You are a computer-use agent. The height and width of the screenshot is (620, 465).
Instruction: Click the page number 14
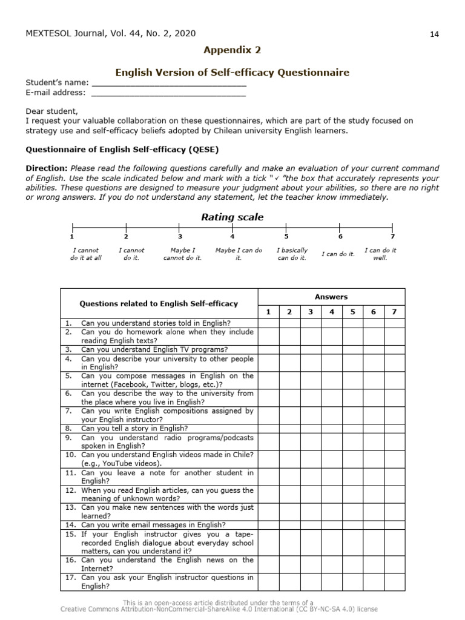(434, 34)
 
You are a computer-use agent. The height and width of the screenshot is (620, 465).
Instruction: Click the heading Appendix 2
(232, 50)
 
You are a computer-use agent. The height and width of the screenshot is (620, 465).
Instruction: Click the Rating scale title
(232, 217)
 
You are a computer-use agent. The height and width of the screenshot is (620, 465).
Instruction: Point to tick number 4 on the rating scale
(232, 236)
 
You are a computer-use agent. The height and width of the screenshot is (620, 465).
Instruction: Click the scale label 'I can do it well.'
(380, 254)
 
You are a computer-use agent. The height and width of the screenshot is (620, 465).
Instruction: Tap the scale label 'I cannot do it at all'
(85, 254)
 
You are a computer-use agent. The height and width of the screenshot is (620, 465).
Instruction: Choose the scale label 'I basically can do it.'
(292, 254)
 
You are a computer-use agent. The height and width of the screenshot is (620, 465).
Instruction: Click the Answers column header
(331, 297)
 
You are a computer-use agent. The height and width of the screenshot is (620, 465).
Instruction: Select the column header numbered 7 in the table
(394, 312)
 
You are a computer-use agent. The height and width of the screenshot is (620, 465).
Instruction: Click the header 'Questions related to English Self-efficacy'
(159, 304)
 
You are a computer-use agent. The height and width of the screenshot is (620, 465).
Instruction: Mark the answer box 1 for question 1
(269, 323)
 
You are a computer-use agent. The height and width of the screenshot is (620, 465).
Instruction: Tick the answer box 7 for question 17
(394, 582)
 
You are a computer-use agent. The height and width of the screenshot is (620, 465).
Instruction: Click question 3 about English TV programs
(154, 349)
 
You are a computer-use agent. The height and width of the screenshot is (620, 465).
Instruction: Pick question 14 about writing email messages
(153, 525)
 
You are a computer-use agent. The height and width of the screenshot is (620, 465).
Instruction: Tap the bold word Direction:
(47, 168)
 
